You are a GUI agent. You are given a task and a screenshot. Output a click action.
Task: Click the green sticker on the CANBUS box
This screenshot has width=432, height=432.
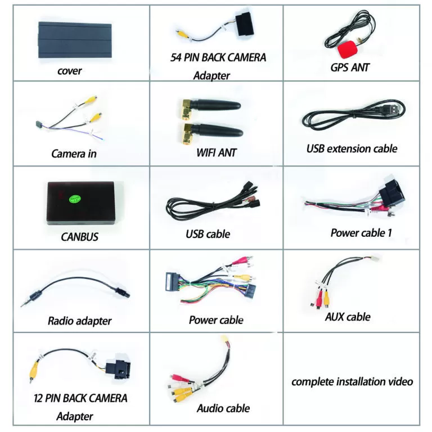point(75,199)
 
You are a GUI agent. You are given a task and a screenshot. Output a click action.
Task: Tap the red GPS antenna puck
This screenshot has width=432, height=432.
point(348,49)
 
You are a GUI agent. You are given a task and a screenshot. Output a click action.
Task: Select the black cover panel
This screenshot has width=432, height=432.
point(75,40)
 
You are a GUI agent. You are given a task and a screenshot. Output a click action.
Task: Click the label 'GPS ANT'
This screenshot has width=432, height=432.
point(350,67)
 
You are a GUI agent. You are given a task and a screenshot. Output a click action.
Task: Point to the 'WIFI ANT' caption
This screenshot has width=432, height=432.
point(216,152)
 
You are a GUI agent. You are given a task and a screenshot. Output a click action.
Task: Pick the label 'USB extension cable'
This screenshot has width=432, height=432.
point(352,148)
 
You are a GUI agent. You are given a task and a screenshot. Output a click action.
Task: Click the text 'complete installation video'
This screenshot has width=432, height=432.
point(352,382)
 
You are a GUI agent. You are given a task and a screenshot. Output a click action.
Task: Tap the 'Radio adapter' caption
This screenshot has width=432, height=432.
point(80,321)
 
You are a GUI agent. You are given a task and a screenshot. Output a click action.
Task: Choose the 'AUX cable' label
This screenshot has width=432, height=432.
point(348,317)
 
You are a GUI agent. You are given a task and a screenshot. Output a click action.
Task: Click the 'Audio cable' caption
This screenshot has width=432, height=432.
point(223,408)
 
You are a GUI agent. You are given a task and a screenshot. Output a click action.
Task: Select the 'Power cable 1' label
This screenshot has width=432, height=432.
point(361,233)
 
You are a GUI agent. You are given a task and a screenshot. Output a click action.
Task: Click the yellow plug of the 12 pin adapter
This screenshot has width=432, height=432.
point(33,372)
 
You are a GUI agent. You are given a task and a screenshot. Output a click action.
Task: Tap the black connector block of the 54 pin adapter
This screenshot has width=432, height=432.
point(244,24)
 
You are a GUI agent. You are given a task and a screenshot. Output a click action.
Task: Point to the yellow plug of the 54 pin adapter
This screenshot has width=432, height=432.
point(182,34)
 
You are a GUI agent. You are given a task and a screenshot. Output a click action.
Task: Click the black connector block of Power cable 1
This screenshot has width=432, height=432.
point(392,192)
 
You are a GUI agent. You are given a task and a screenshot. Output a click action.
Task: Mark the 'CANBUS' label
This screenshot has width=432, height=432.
point(79,237)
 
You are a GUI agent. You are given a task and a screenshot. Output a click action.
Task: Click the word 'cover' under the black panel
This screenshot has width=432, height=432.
point(69,71)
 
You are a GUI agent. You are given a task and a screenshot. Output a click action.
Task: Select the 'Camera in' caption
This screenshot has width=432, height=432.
point(74,154)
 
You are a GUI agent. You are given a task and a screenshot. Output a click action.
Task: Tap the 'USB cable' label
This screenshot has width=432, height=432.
point(208,234)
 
